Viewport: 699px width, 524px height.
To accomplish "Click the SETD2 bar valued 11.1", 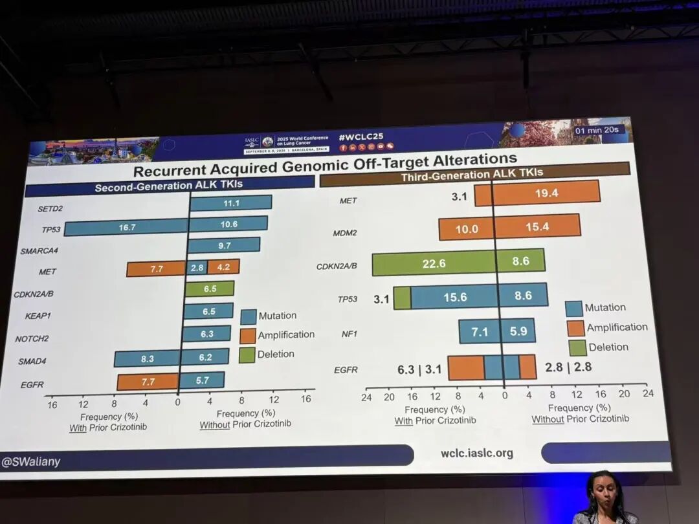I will click(x=230, y=203).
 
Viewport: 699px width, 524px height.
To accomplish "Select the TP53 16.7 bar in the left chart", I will click(x=126, y=227).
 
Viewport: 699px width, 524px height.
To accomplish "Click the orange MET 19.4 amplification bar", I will click(x=546, y=193).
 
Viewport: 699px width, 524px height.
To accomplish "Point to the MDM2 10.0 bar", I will click(x=466, y=229).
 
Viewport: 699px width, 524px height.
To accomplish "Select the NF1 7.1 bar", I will click(x=479, y=331).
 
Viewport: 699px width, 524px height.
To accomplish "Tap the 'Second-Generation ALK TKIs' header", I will click(x=170, y=187).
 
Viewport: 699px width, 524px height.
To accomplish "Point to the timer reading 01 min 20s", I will click(x=597, y=130).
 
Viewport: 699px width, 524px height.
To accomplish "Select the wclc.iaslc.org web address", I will click(x=476, y=453).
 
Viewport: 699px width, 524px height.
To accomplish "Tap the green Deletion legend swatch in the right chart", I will click(x=577, y=347).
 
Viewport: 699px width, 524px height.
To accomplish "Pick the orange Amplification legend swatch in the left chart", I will click(x=248, y=336).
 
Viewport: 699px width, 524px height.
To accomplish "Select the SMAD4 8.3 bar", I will click(x=147, y=359).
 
